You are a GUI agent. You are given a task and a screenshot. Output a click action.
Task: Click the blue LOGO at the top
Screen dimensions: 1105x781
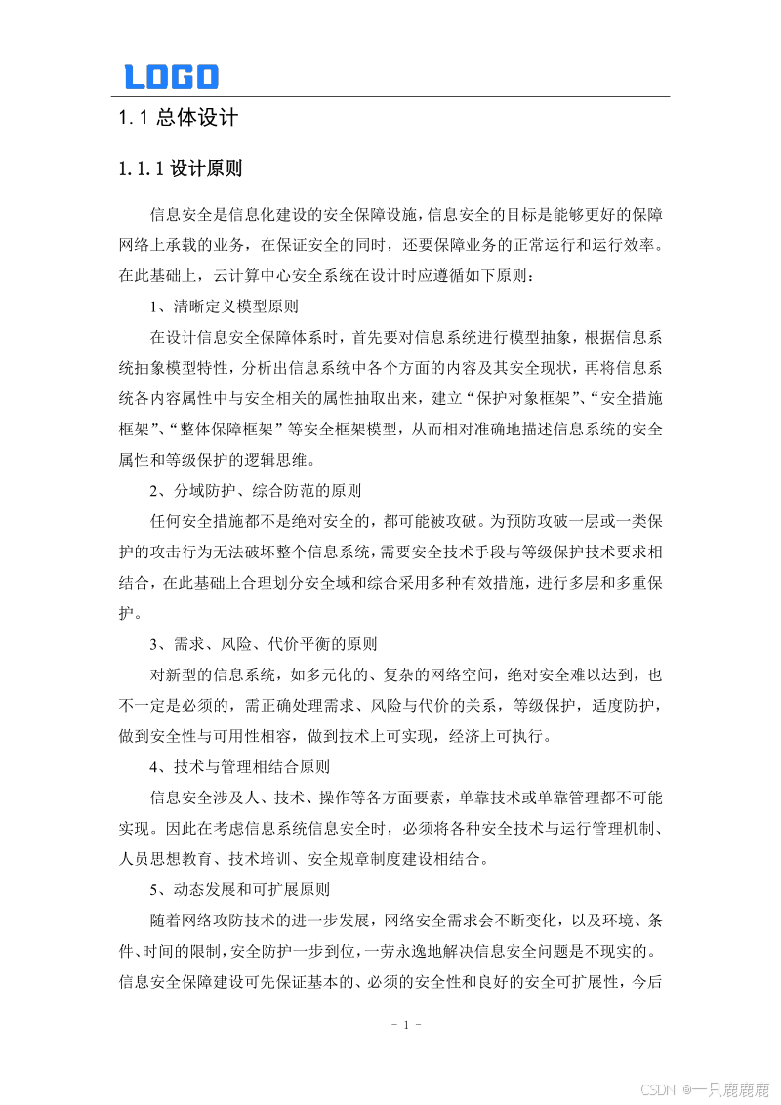(x=171, y=77)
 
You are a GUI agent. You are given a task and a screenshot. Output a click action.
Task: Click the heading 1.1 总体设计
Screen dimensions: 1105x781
(x=178, y=119)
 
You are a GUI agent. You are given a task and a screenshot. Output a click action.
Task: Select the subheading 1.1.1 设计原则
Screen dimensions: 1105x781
(x=180, y=169)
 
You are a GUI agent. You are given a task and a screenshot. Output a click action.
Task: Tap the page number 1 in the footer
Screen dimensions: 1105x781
(x=404, y=1024)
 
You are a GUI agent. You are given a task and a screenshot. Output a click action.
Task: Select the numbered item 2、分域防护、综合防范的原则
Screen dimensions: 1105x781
(x=255, y=490)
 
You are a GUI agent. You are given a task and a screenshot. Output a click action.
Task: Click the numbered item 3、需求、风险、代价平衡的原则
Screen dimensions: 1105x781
(x=263, y=644)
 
